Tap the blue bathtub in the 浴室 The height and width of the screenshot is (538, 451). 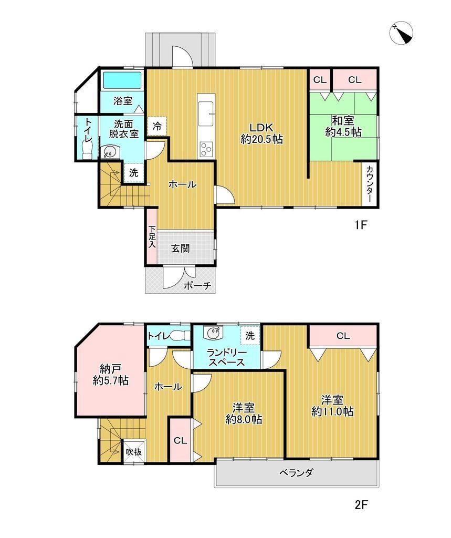(122, 80)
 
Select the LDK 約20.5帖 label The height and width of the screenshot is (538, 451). (261, 133)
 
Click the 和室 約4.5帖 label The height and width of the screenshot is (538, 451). (343, 126)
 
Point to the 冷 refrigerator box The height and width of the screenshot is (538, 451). (157, 126)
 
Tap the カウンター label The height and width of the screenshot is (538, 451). (370, 184)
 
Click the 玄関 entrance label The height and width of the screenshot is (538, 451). (181, 248)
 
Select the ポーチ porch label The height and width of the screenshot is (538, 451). (197, 285)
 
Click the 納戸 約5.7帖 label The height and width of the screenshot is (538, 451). (110, 375)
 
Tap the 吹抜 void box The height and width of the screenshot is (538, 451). (133, 451)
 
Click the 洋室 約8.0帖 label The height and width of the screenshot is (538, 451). (244, 413)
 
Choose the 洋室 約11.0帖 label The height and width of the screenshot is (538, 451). (332, 405)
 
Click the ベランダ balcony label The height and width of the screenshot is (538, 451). (296, 473)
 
